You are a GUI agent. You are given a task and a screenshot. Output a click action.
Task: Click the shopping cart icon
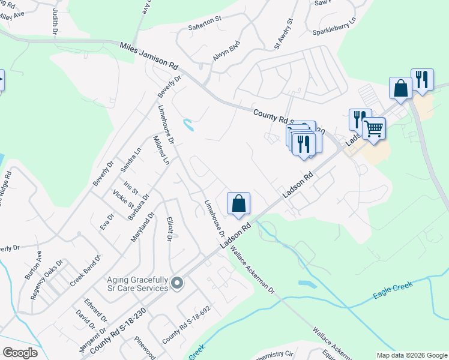coord(374,127)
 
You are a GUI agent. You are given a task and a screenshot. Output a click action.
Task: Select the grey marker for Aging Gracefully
coord(176,283)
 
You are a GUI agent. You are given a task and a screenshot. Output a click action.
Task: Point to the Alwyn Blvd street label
coord(226,51)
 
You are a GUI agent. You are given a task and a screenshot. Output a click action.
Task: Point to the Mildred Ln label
coord(161,149)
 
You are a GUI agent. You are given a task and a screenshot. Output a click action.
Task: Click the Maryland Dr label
coord(143,227)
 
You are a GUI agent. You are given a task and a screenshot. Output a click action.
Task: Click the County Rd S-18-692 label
coord(186,325)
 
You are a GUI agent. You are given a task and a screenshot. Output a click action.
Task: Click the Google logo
coord(20,353)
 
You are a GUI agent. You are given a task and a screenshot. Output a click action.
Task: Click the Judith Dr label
coord(55,20)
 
